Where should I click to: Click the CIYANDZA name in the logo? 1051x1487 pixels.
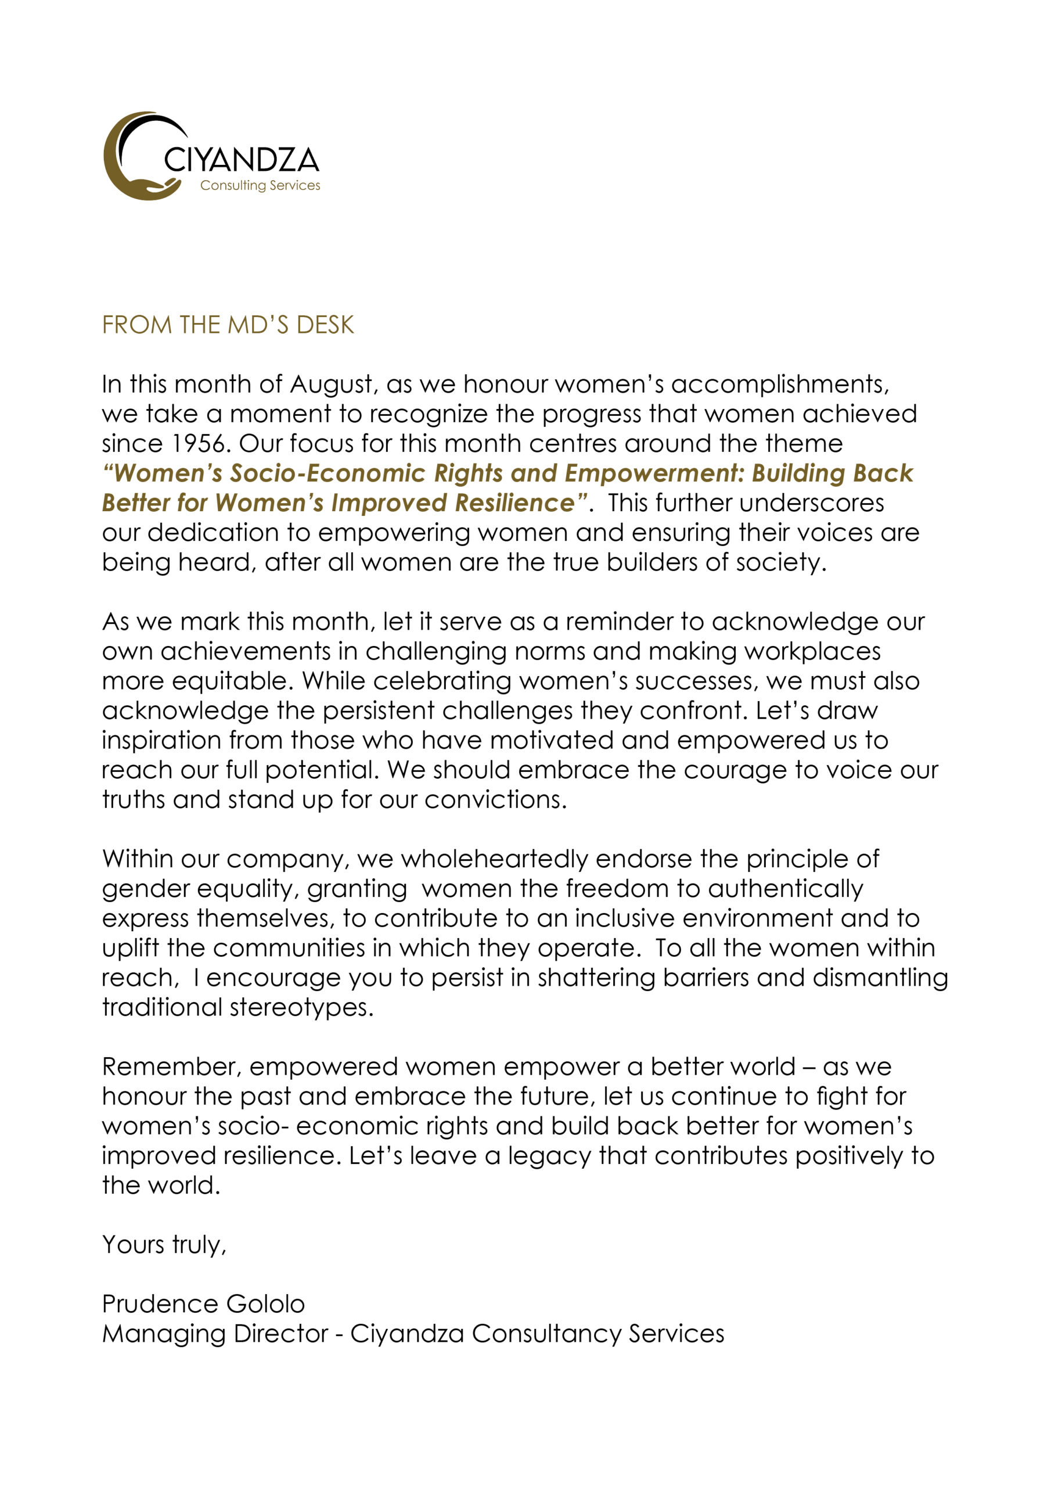click(241, 159)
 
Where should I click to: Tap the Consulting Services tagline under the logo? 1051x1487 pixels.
click(260, 185)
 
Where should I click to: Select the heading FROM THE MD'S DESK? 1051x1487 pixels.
click(228, 325)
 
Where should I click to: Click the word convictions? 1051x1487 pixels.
click(495, 800)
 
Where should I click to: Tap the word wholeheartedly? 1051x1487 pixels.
click(494, 860)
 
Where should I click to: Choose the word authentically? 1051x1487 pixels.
click(786, 889)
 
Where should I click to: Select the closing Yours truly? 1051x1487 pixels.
click(164, 1245)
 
